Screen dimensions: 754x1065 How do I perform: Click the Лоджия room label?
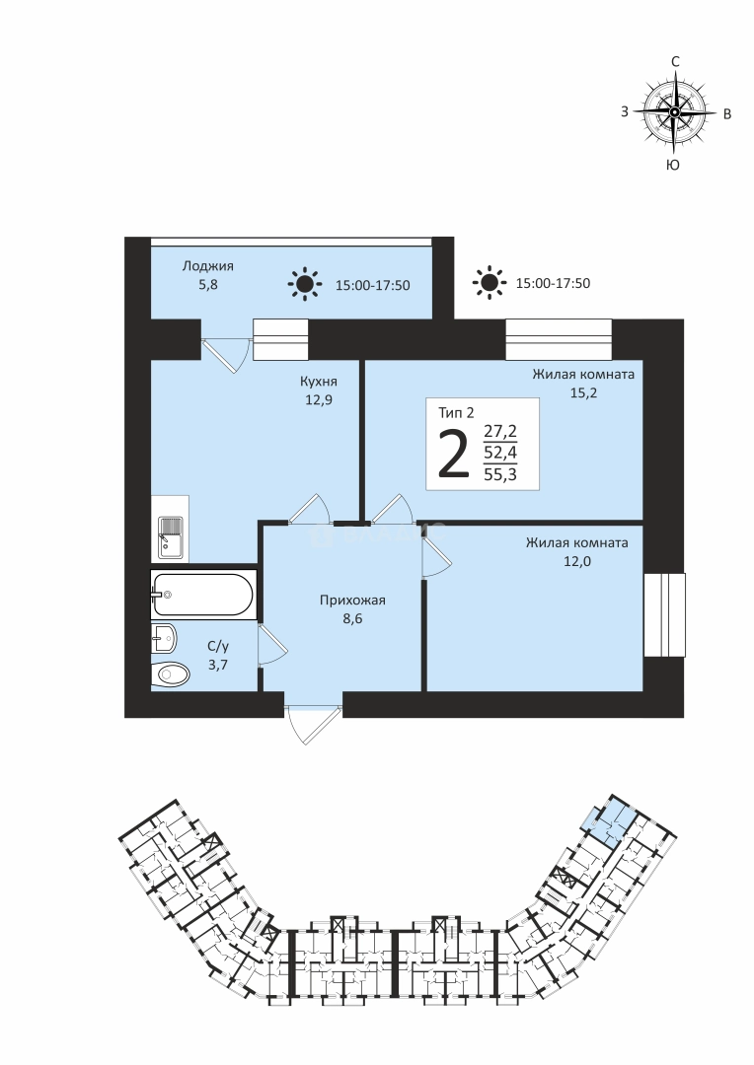(208, 266)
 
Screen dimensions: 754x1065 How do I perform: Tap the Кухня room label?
(319, 382)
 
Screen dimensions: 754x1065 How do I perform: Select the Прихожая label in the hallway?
(353, 600)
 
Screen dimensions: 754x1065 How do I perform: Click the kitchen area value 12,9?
(318, 400)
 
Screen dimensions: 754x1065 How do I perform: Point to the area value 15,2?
(583, 392)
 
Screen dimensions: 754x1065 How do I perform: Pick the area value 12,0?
(576, 561)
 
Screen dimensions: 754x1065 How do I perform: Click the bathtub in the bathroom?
(203, 595)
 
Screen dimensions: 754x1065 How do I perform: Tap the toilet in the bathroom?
(170, 674)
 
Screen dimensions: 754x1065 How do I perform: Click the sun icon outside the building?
(489, 282)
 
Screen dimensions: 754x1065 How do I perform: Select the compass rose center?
(674, 112)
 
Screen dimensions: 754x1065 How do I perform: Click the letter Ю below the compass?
(673, 165)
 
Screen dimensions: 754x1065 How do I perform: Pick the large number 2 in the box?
(454, 453)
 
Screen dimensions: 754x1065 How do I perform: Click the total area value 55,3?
(500, 474)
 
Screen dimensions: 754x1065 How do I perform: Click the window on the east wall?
(664, 614)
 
